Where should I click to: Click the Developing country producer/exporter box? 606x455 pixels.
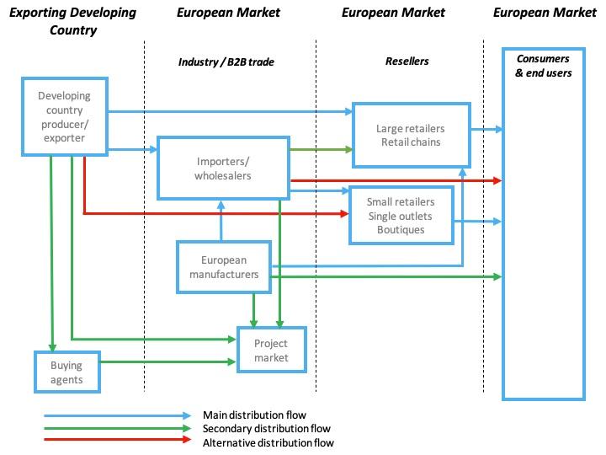(x=64, y=116)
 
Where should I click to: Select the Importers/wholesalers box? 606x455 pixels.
(x=223, y=168)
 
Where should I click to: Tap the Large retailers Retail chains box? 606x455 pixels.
(x=410, y=135)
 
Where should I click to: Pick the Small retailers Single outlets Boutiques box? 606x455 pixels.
(x=401, y=215)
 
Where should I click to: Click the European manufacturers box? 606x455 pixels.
(x=223, y=267)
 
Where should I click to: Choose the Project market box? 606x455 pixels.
(x=271, y=350)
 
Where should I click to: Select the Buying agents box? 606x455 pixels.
(x=66, y=372)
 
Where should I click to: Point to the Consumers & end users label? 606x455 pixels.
(x=543, y=66)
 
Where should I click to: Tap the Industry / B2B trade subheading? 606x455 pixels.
(x=226, y=62)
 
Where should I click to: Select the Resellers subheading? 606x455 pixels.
(x=407, y=62)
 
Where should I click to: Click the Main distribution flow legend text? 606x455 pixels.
(x=254, y=415)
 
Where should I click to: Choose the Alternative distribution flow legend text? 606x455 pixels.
(x=268, y=442)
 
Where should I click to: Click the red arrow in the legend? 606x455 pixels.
(x=118, y=442)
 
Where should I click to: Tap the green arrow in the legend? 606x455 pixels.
(x=118, y=428)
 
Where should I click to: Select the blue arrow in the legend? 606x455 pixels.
(x=118, y=415)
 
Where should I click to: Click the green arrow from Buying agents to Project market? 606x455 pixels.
(x=168, y=362)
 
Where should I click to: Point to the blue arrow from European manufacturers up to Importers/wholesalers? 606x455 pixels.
(x=221, y=220)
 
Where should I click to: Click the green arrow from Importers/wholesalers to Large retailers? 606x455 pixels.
(x=320, y=150)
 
